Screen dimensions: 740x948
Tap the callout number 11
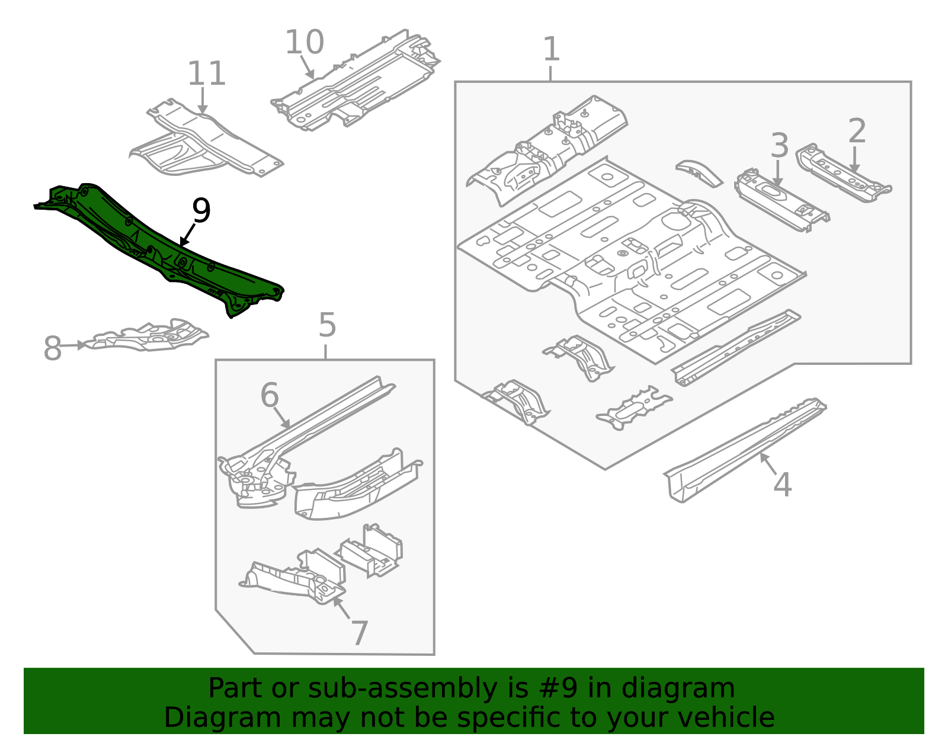click(206, 74)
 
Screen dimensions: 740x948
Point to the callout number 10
click(305, 43)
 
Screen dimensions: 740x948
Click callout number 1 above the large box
click(551, 49)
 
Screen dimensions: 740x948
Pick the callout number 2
click(857, 131)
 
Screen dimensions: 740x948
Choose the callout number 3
click(779, 146)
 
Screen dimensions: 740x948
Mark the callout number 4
click(782, 485)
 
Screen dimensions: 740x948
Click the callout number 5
click(327, 325)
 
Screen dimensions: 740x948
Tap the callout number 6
click(270, 395)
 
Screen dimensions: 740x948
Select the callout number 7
click(360, 633)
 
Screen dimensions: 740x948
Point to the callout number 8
click(52, 348)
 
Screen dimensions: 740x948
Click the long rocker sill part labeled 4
click(747, 450)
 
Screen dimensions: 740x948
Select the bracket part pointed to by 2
click(841, 174)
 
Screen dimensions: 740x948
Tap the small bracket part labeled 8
click(148, 337)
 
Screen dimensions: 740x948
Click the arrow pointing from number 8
click(74, 345)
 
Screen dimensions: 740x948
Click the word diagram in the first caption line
click(700, 688)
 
